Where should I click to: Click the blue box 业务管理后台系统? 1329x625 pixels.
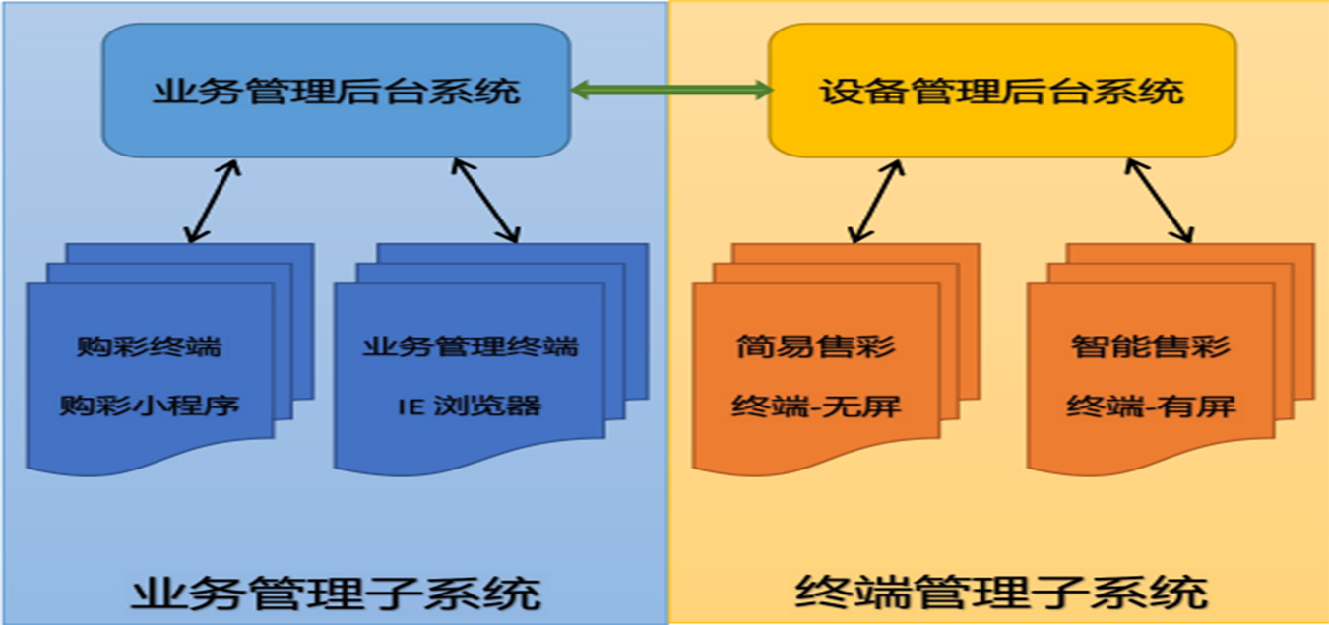337,93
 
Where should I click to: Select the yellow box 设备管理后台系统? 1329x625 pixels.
1001,93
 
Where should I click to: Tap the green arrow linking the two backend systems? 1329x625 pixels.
669,92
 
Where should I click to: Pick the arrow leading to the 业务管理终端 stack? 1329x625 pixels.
484,201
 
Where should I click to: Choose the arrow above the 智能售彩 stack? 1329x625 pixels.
1160,201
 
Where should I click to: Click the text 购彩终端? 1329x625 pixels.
149,346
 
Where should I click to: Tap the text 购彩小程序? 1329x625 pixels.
150,405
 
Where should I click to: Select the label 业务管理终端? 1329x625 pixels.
470,346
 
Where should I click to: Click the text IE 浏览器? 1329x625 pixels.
470,405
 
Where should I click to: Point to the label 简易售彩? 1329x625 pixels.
816,346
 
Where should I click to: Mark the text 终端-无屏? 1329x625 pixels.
816,405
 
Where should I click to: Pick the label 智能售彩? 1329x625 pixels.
1151,346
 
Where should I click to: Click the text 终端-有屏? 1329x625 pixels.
1151,405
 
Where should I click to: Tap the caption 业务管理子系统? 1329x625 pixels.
336,594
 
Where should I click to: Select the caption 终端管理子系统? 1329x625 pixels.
1000,594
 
